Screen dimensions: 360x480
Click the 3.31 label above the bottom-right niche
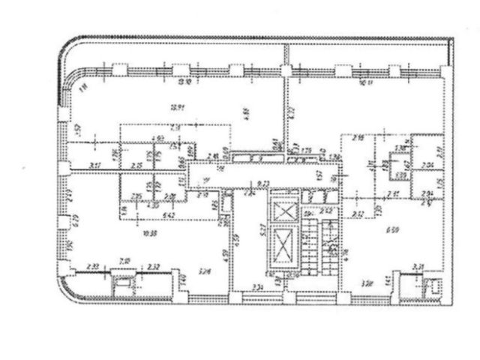(x=418, y=265)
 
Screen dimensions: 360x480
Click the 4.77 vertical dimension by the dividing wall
(x=293, y=113)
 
